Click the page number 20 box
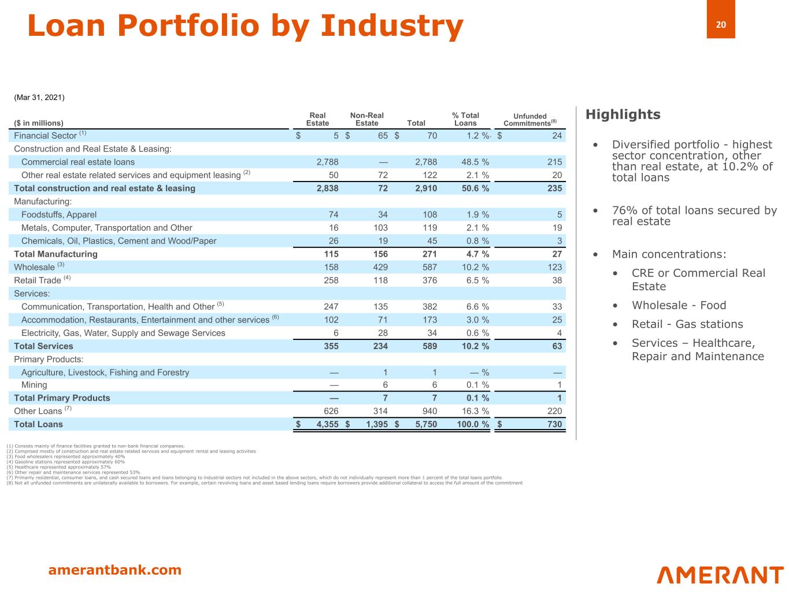[x=720, y=24]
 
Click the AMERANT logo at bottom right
[x=720, y=575]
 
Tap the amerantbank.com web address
[x=114, y=570]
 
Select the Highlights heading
[x=623, y=114]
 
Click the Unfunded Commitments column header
[x=529, y=120]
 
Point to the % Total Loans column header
[x=465, y=119]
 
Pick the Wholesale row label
[x=34, y=267]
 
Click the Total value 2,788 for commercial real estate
[x=425, y=162]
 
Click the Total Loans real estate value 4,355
[x=327, y=424]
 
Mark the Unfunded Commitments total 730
[x=554, y=424]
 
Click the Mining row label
[x=34, y=385]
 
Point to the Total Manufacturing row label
[x=55, y=254]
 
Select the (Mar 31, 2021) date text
[x=39, y=97]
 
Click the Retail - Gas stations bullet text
[x=687, y=324]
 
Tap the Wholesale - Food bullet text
[x=679, y=305]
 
